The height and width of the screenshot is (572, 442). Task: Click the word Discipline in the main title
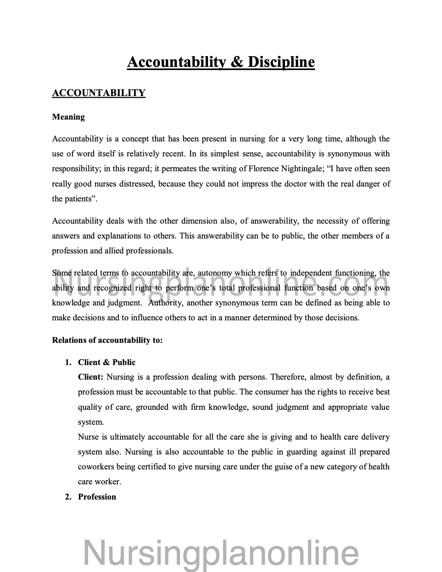click(x=281, y=62)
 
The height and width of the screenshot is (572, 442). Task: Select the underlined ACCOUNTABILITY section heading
click(x=99, y=93)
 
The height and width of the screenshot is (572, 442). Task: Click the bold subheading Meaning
click(x=68, y=117)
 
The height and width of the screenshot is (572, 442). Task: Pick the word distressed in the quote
click(x=137, y=184)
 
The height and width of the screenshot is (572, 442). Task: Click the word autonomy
click(x=215, y=273)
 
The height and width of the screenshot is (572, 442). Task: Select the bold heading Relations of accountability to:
click(x=107, y=340)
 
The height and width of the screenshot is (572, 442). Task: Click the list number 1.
click(x=68, y=362)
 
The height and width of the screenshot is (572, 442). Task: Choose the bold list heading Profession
click(x=97, y=497)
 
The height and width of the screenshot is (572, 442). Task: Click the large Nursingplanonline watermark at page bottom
click(x=221, y=553)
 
